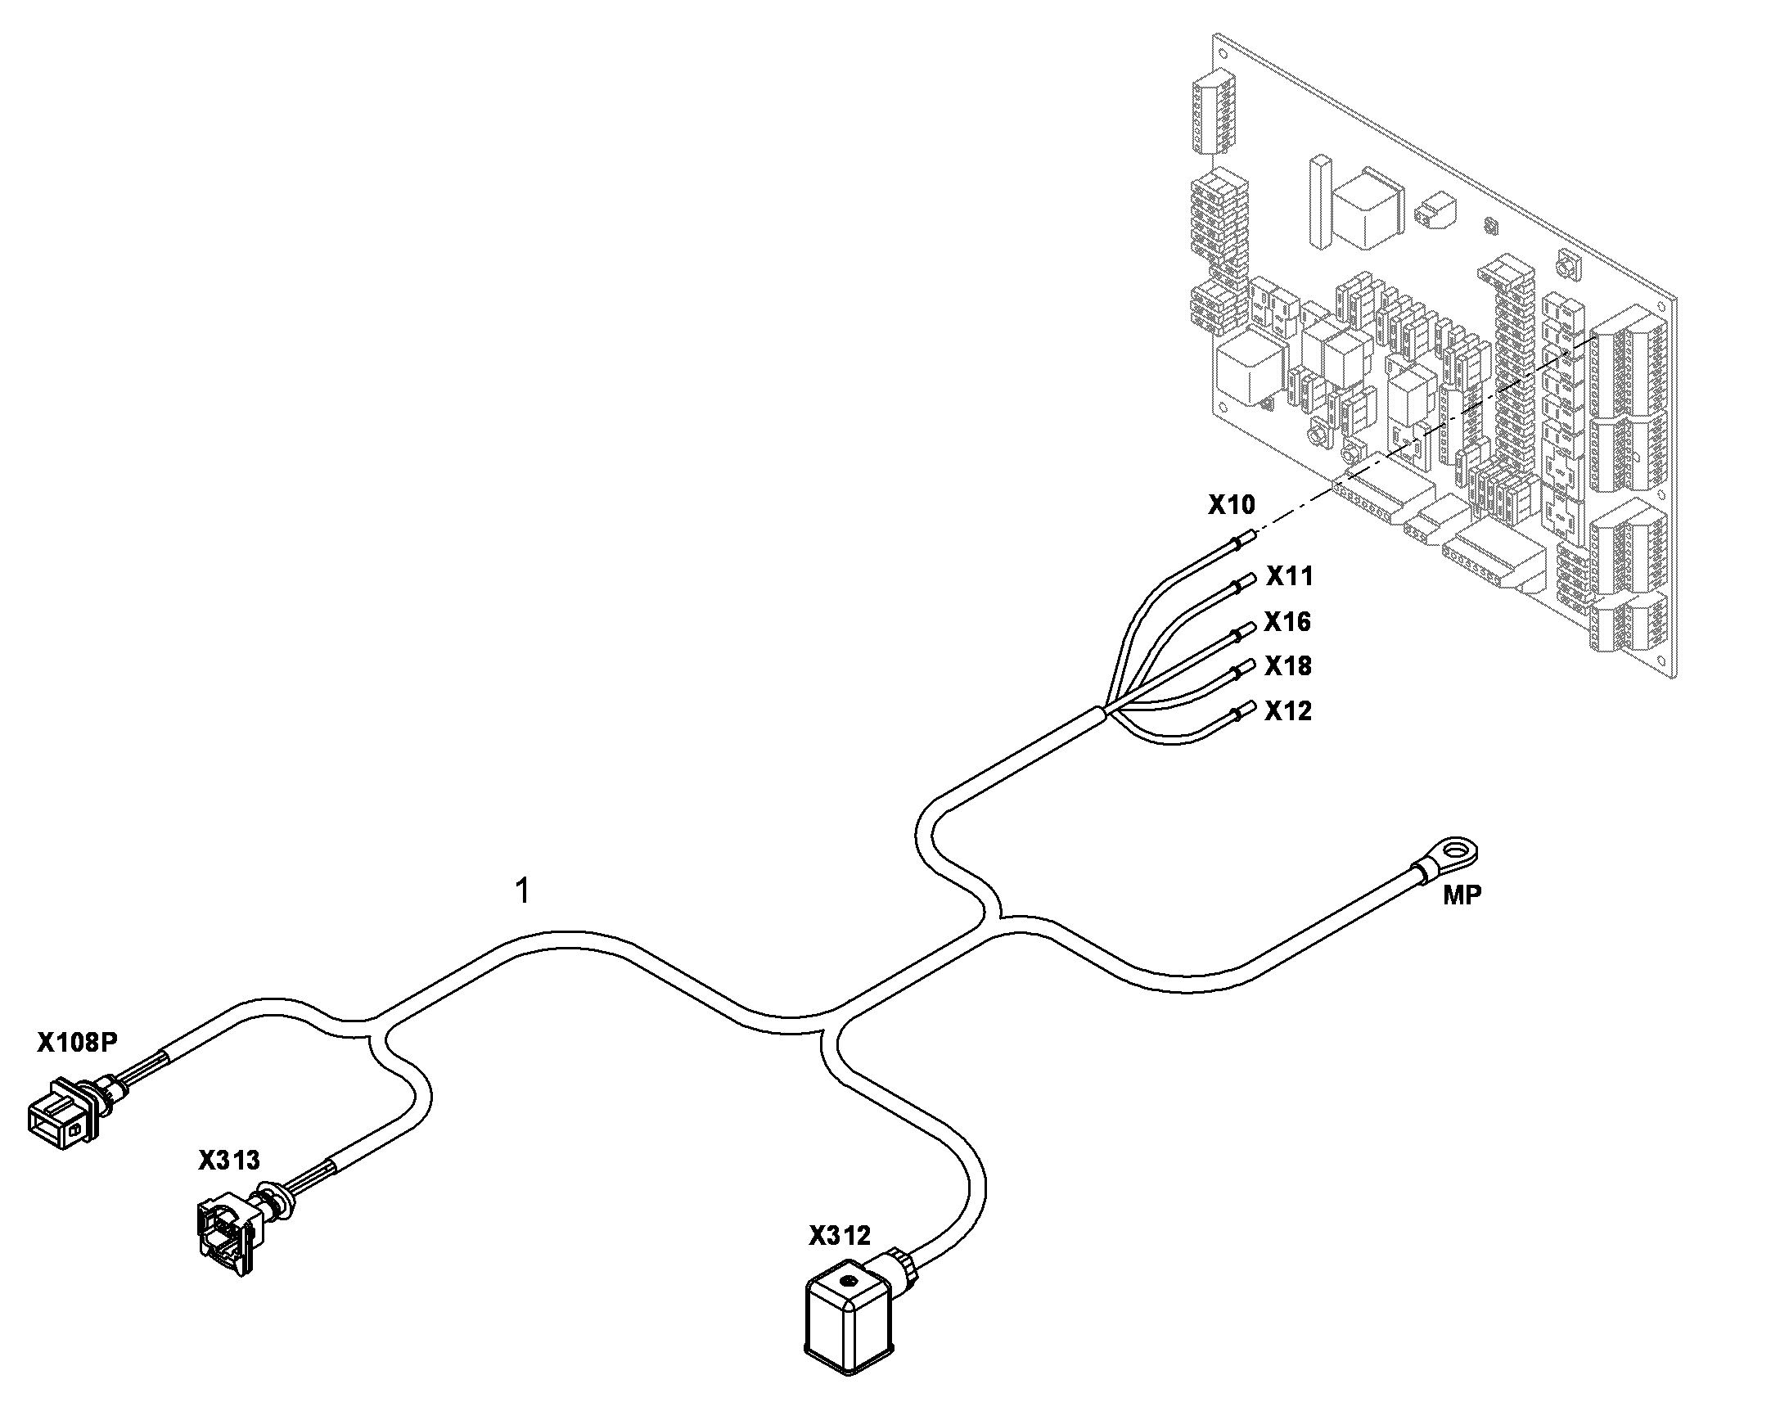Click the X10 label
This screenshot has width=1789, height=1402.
1231,504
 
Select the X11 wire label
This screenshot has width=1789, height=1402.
1289,576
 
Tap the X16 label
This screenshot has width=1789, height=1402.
1287,621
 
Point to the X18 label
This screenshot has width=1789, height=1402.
1288,665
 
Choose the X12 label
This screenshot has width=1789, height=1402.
1288,710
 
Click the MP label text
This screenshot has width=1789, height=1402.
1462,895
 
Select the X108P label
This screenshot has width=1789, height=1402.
77,1042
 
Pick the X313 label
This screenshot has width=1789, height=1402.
229,1160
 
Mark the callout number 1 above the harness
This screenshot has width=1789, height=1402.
522,890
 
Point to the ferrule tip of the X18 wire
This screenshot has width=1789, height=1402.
1246,665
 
